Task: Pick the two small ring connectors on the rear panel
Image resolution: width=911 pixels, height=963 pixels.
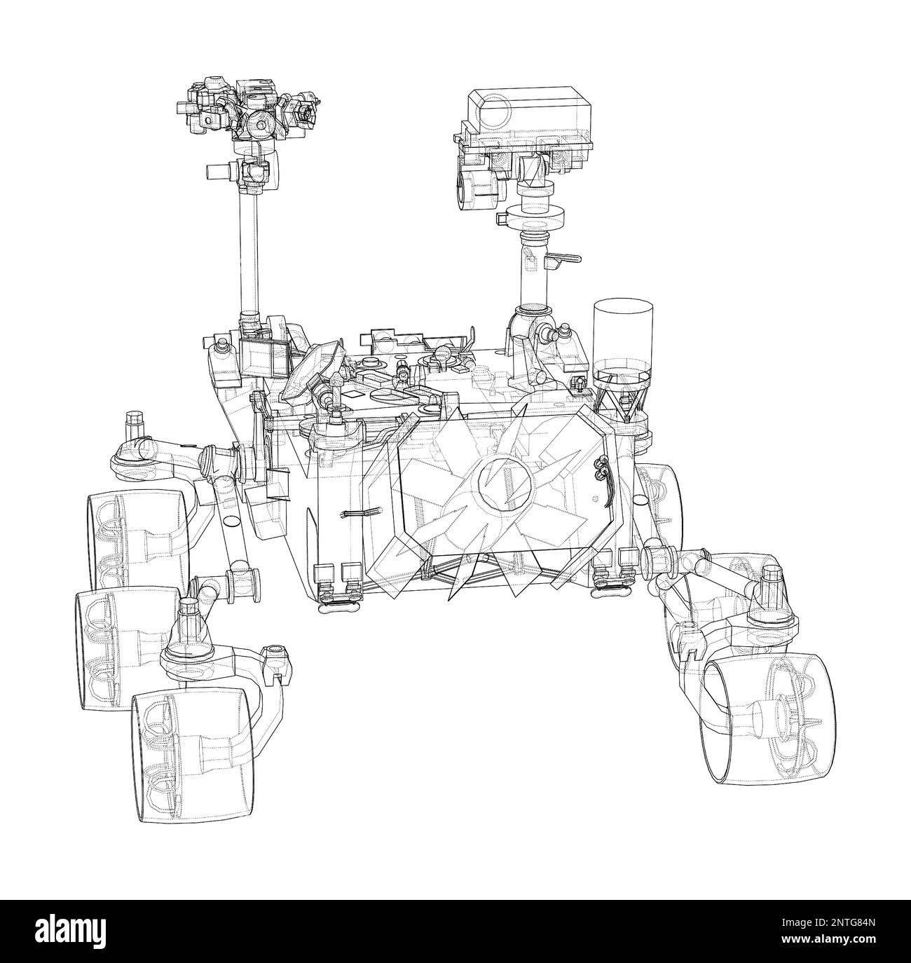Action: click(x=600, y=469)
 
